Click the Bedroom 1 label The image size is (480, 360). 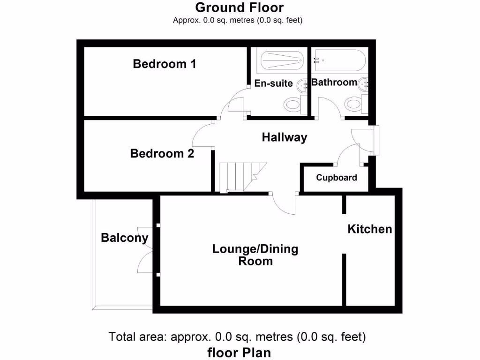click(164, 64)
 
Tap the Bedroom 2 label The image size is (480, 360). click(162, 153)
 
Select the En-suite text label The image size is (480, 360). click(273, 83)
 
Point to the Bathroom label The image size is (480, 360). click(334, 82)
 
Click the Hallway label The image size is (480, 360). click(284, 137)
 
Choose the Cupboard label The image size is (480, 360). click(336, 178)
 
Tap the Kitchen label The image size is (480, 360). click(369, 229)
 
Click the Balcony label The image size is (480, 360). click(124, 238)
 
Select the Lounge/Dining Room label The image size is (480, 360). click(255, 255)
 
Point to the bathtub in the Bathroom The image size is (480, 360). click(340, 60)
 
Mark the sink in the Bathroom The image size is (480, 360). click(365, 83)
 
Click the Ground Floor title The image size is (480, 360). click(239, 7)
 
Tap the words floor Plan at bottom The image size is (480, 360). click(239, 352)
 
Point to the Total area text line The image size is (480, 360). click(237, 337)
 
